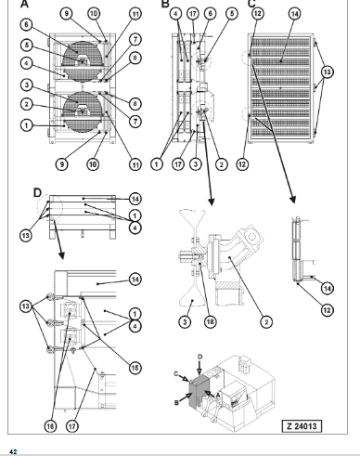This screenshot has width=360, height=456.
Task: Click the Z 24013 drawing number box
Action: pos(302,426)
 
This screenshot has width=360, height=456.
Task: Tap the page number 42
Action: pos(13,452)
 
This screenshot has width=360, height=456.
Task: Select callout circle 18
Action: pos(210,322)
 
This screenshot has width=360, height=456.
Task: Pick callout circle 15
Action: pos(135,368)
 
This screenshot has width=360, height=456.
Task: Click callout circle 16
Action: pos(50,426)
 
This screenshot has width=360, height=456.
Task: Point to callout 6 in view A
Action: pos(26,24)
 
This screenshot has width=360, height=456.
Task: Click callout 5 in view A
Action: pos(27,45)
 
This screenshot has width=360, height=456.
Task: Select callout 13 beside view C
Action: pos(327,72)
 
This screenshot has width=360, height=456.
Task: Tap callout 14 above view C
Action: pos(295,14)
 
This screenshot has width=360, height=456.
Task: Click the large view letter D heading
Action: pos(37,193)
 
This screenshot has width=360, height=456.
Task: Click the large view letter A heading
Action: pos(24,4)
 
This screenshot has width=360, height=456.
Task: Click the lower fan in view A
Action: pos(83,112)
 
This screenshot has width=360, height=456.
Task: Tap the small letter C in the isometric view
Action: pos(176,373)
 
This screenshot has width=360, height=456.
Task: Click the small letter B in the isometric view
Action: pos(176,403)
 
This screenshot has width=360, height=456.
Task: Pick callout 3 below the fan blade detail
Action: pos(185,322)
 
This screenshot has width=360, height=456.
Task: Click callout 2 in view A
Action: pos(27,104)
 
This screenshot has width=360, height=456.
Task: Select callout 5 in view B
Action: pos(232,13)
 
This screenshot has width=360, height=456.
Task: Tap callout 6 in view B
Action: pos(211,13)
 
